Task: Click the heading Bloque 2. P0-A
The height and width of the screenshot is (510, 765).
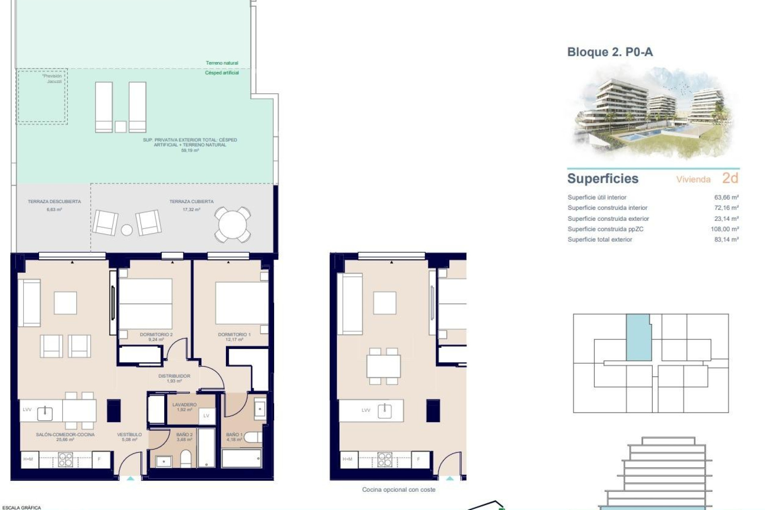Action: pos(610,52)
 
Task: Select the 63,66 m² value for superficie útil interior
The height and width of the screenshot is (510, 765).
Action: pos(726,197)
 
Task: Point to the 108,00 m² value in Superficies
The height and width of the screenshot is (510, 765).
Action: pos(725,229)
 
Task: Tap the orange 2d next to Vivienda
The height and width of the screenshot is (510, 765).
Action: pos(730,178)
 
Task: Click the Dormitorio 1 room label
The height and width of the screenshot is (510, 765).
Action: pos(234,335)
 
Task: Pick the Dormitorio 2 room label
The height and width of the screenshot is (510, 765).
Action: pos(156,335)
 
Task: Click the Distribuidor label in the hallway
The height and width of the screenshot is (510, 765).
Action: pos(174,376)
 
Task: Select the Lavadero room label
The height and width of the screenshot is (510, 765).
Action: pos(184,405)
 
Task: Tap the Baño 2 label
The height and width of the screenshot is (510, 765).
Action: pos(184,435)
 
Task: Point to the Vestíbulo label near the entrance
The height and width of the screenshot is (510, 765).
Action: pos(129,435)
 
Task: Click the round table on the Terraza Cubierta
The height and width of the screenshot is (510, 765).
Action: pos(233,225)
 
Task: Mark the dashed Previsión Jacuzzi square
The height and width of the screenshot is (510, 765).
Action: pos(41,96)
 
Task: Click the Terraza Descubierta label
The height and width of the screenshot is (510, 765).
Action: pos(54,202)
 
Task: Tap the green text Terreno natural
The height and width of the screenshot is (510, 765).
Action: pos(222,63)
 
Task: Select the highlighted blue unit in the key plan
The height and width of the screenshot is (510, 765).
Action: pos(639,337)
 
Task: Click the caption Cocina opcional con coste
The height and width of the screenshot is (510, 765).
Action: pos(398,490)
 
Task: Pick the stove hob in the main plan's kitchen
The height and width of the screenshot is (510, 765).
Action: pos(65,460)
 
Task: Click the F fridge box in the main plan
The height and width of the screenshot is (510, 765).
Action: pos(99,459)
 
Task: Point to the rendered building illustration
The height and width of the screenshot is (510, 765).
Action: pos(653,114)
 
